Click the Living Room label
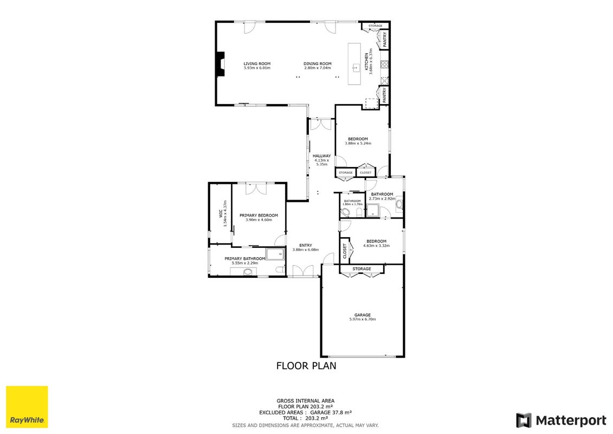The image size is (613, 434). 257,64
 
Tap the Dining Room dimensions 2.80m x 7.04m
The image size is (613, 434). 318,68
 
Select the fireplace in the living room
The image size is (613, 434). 221,64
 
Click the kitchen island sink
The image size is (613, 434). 356,68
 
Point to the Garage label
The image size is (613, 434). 363,315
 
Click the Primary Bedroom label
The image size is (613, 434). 259,215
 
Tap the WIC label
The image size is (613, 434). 221,213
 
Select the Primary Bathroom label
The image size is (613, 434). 245,259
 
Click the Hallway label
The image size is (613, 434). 322,156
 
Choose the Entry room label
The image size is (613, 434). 306,245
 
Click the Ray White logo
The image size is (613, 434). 27,407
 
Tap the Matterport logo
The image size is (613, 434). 561,420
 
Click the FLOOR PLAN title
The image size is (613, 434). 306,366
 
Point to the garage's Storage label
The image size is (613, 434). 362,269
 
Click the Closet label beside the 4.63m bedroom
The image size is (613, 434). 344,251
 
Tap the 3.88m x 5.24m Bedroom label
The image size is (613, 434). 358,139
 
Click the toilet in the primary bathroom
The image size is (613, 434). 280,270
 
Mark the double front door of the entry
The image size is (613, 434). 303,271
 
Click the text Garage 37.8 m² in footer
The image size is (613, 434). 331,412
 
